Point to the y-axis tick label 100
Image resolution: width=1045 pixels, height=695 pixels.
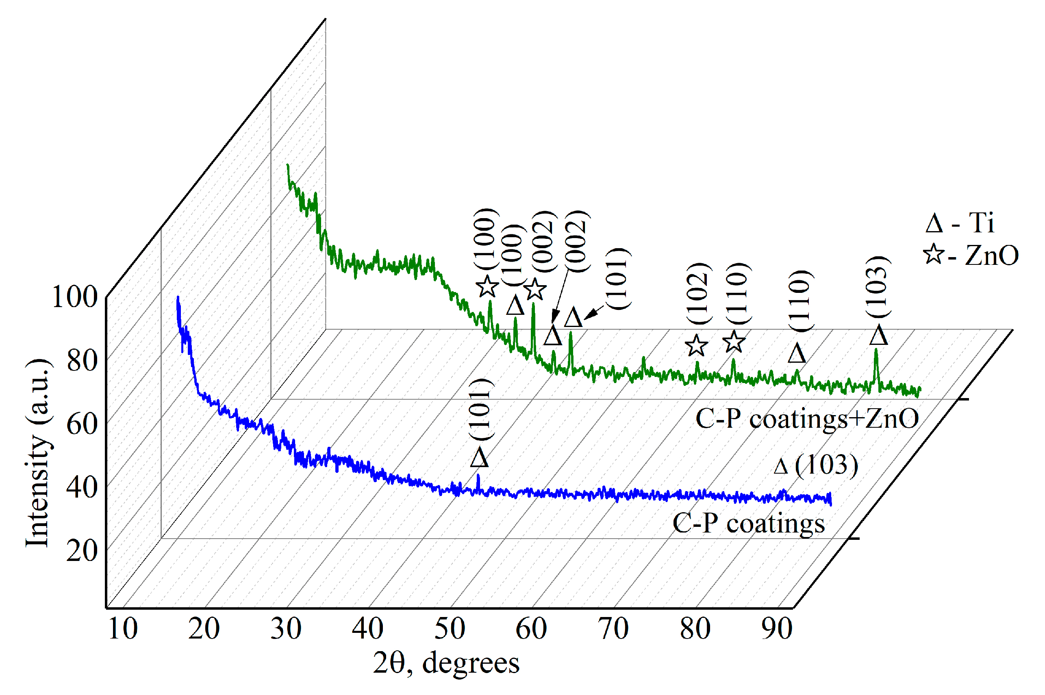(74, 297)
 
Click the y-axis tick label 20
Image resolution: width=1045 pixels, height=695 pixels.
(82, 551)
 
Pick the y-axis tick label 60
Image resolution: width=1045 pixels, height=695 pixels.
(82, 424)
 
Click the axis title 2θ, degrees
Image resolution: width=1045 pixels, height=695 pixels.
(446, 664)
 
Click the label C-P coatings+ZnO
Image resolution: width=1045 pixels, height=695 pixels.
(807, 418)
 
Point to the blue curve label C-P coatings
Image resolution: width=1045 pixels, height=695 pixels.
(748, 524)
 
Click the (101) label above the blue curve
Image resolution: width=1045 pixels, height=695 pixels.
(480, 409)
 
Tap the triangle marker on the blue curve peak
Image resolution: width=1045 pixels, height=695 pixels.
(480, 457)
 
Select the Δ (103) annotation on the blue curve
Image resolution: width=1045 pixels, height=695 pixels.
(815, 465)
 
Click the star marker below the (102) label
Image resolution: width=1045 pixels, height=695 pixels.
(696, 346)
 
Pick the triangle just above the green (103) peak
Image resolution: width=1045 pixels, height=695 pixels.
(878, 336)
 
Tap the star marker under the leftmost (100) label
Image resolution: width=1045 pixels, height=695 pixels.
(487, 286)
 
